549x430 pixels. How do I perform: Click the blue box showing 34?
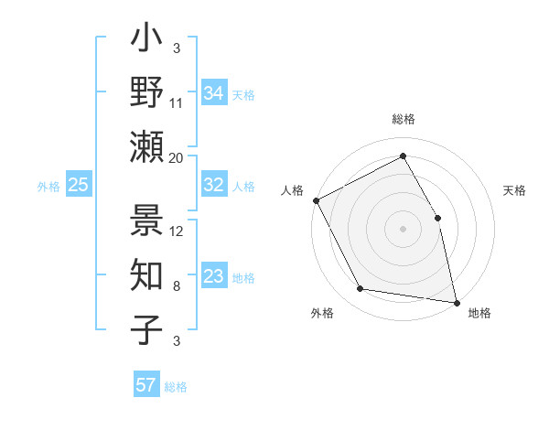[214, 92]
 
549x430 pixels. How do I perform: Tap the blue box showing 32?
[214, 185]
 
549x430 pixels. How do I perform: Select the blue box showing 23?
[214, 276]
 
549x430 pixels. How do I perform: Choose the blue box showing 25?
[79, 185]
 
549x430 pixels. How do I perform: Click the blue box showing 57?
[146, 385]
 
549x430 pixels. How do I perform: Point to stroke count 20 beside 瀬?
[177, 157]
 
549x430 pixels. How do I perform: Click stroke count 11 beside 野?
[177, 103]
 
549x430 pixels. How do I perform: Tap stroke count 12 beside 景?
[177, 231]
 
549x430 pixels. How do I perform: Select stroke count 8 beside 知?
[177, 286]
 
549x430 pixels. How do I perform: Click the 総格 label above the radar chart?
[404, 120]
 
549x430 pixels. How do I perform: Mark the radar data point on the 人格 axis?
[316, 200]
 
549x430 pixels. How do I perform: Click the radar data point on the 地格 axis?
[457, 302]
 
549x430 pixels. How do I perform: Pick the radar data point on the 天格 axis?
[437, 218]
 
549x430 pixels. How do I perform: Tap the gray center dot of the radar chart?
[404, 229]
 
